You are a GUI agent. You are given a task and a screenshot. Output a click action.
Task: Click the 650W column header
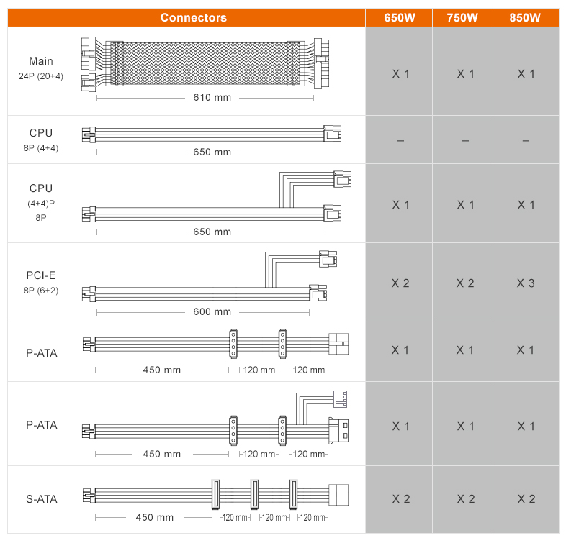[x=399, y=18]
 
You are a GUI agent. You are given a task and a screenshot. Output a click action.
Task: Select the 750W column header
[x=462, y=18]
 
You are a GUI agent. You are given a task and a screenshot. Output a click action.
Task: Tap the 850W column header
[x=525, y=18]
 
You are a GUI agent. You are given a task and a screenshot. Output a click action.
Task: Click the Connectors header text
[x=194, y=18]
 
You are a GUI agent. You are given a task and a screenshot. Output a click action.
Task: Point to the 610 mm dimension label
[x=212, y=97]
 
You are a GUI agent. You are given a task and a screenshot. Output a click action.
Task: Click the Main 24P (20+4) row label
[x=41, y=68]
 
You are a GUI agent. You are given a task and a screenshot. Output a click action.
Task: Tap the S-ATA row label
[x=42, y=499]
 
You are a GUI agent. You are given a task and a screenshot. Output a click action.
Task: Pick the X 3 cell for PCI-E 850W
[x=526, y=283]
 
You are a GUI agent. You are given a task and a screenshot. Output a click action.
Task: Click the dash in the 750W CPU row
[x=465, y=141]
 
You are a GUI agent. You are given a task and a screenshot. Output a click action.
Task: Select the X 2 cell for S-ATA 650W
[x=401, y=499]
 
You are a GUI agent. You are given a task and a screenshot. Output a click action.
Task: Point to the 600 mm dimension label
[x=212, y=311]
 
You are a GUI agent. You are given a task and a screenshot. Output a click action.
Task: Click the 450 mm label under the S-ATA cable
[x=155, y=517]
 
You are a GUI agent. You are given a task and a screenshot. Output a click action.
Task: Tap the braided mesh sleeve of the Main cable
[x=205, y=63]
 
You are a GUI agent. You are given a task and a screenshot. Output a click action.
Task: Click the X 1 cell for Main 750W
[x=465, y=74]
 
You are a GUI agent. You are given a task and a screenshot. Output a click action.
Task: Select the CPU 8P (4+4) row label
[x=41, y=140]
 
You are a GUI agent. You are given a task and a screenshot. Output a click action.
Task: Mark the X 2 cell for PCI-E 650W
[x=400, y=283]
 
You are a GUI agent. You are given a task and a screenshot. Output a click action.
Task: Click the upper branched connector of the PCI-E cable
[x=328, y=259]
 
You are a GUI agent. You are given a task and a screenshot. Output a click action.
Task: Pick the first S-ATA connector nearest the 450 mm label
[x=215, y=494]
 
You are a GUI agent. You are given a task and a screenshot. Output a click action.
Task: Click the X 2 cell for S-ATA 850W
[x=526, y=499]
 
